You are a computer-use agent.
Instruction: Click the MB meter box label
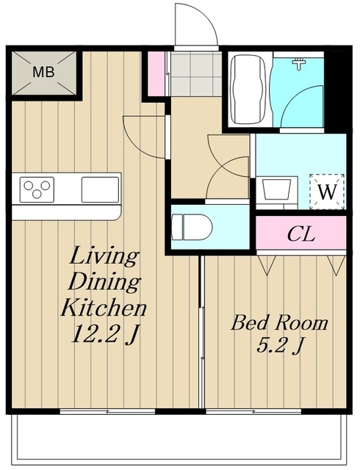click(x=43, y=72)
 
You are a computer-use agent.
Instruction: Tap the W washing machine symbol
click(x=327, y=192)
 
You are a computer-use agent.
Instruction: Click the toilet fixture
click(x=192, y=227)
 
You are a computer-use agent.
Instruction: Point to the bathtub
click(x=248, y=90)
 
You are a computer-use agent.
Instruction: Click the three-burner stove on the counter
click(x=37, y=189)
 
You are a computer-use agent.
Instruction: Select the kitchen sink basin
click(x=100, y=189)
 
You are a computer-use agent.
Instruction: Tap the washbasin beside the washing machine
click(x=276, y=189)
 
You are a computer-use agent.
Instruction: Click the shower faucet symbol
click(x=299, y=64)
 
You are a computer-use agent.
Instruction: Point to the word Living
click(x=104, y=256)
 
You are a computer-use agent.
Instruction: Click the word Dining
click(x=104, y=282)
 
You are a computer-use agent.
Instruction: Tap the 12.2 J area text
click(x=105, y=334)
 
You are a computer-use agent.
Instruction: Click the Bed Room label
click(x=279, y=323)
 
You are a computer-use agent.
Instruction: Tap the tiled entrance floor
click(x=196, y=73)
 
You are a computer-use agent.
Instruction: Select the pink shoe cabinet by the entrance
click(x=156, y=73)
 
